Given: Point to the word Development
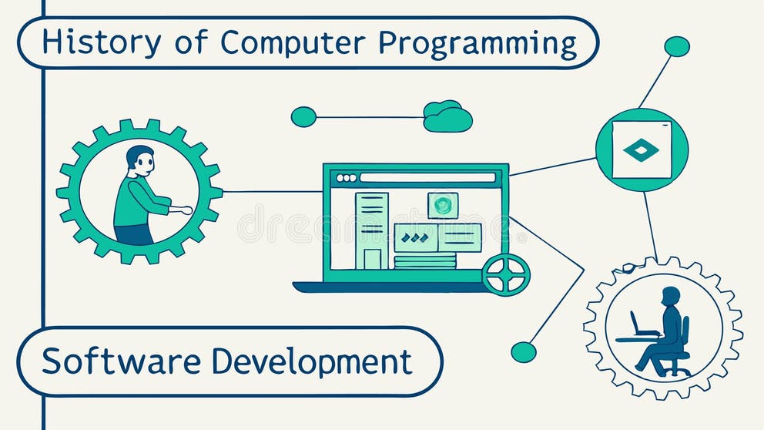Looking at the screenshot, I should point(312,361).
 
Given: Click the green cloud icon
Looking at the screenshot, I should point(447,116).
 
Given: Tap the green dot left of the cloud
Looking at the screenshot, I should point(303,117).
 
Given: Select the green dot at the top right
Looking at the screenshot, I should point(677,46).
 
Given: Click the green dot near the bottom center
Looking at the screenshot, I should point(524,352).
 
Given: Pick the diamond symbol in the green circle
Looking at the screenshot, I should point(642,149).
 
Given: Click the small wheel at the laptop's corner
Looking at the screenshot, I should point(506,274).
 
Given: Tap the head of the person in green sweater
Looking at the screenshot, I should point(139,160).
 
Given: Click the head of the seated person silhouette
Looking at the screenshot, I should point(671,297).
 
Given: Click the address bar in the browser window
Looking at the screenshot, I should point(427,178).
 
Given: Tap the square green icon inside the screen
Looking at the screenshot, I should point(443,205).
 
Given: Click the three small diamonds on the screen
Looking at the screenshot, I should point(415,238).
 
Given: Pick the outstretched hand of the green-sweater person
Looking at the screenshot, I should point(185,210).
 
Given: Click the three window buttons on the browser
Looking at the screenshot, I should point(347,178).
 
